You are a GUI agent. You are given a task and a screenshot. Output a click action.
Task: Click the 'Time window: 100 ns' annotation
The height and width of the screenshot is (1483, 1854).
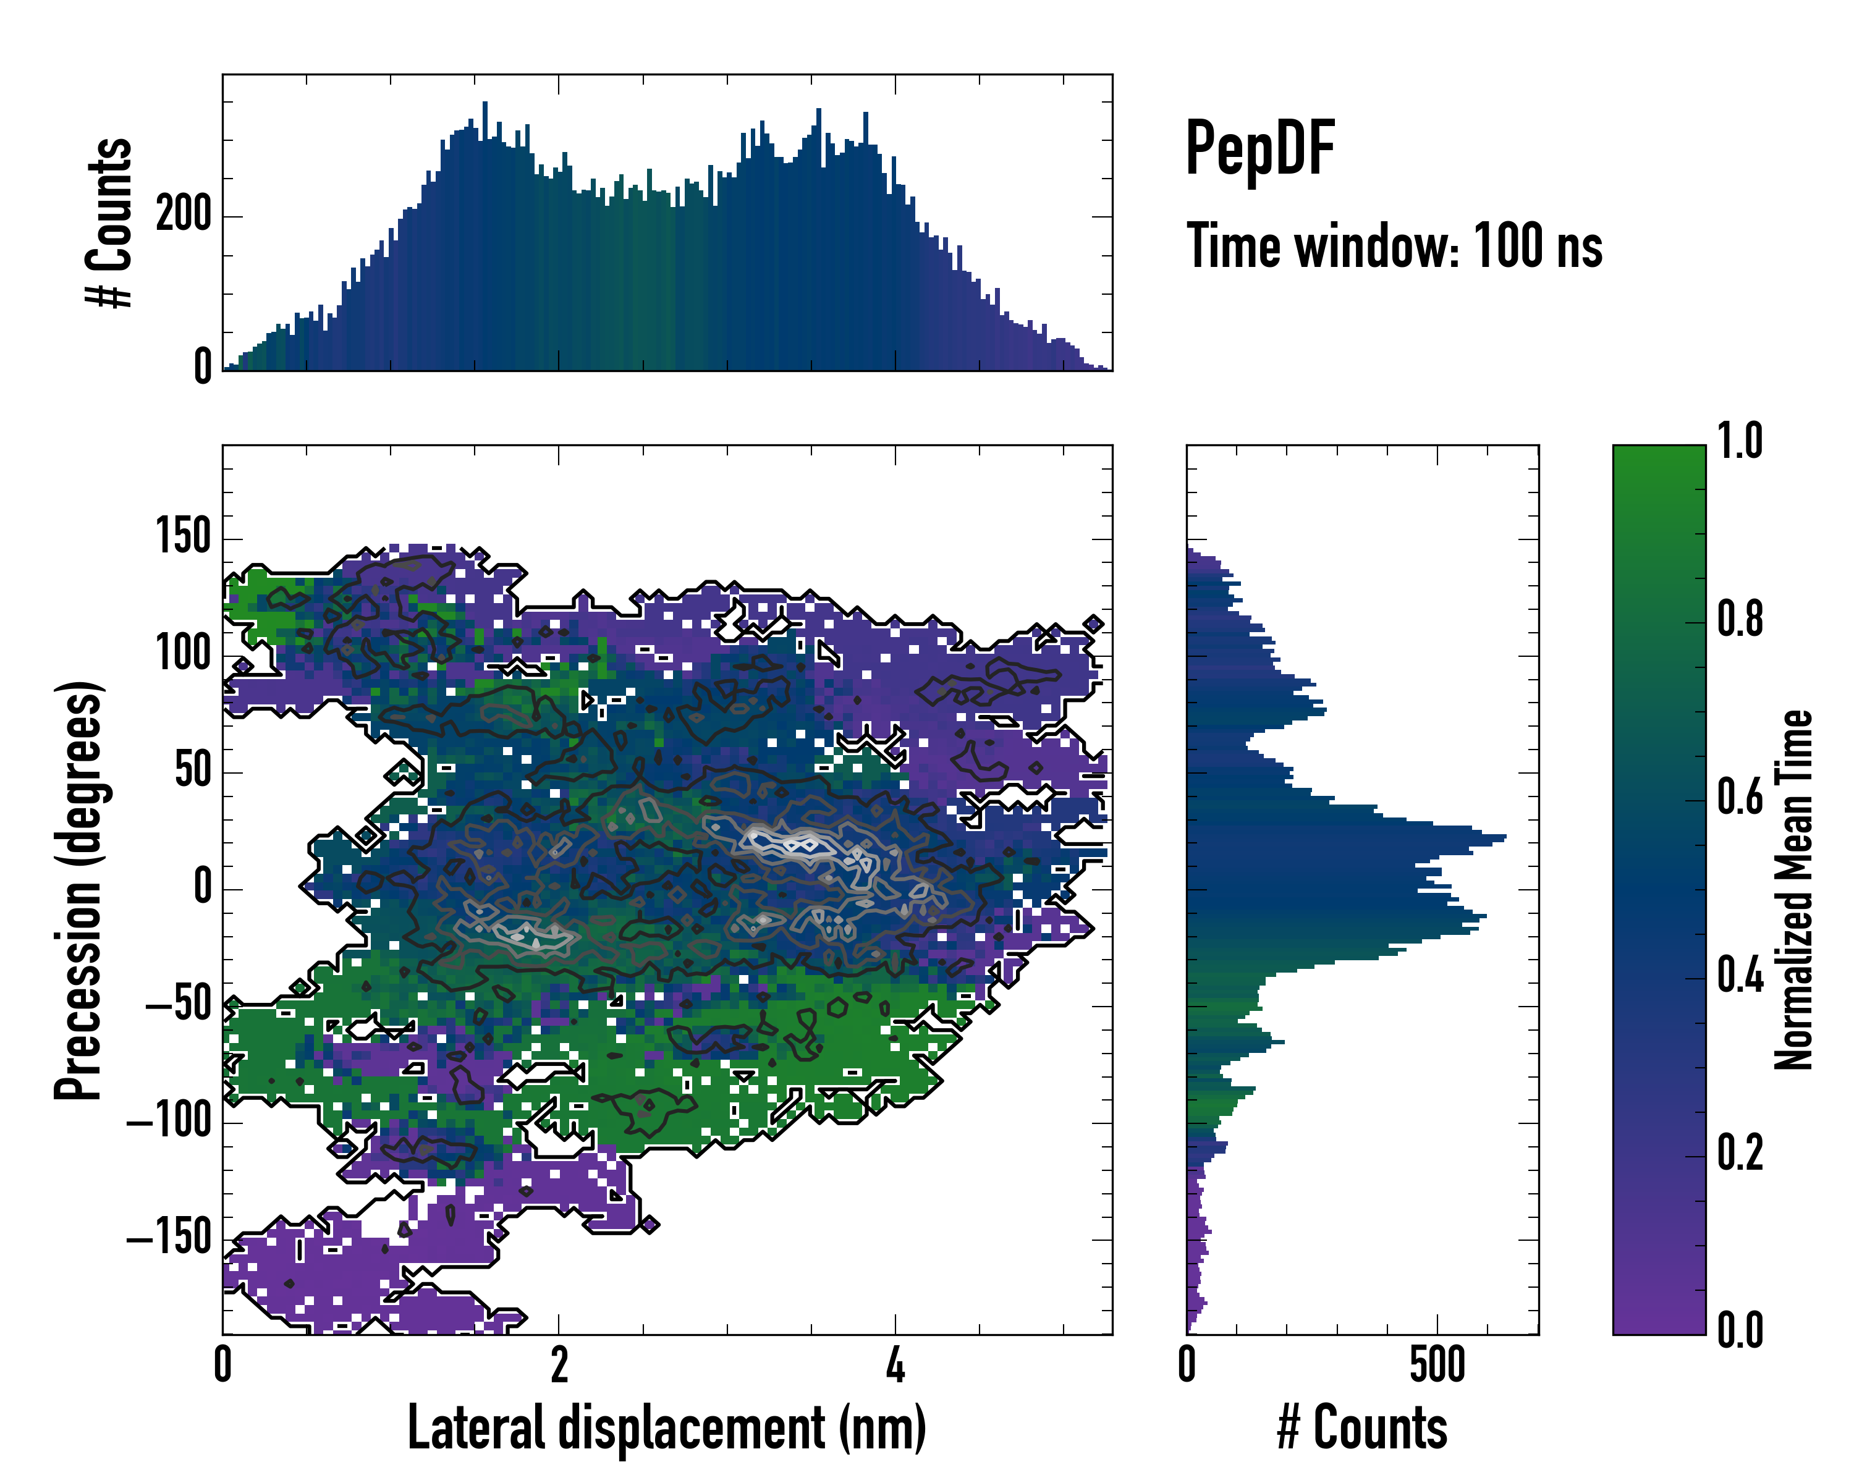click(x=1394, y=247)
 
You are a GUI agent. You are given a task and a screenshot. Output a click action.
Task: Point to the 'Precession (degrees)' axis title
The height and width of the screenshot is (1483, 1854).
click(x=79, y=890)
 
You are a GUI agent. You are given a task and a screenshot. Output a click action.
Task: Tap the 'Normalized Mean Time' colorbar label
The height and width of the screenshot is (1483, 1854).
click(x=1794, y=890)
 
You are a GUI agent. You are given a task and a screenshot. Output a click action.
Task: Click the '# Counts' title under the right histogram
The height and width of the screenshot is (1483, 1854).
click(x=1362, y=1428)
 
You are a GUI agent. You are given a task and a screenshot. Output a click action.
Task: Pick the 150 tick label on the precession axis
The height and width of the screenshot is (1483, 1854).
click(x=183, y=538)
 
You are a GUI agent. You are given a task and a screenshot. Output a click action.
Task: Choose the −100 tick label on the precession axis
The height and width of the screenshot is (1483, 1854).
click(x=169, y=1121)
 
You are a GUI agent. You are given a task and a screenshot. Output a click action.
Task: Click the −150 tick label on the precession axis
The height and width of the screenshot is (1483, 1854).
click(x=169, y=1238)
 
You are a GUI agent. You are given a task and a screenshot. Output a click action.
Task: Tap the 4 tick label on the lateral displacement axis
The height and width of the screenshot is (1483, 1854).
click(x=895, y=1367)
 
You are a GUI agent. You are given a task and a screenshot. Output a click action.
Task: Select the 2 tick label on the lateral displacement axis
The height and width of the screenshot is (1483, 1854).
click(x=559, y=1367)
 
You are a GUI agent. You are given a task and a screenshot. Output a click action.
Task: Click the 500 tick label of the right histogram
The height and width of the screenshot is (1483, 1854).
click(x=1437, y=1367)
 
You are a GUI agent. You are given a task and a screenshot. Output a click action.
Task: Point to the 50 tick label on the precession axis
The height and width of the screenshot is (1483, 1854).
click(x=193, y=771)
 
